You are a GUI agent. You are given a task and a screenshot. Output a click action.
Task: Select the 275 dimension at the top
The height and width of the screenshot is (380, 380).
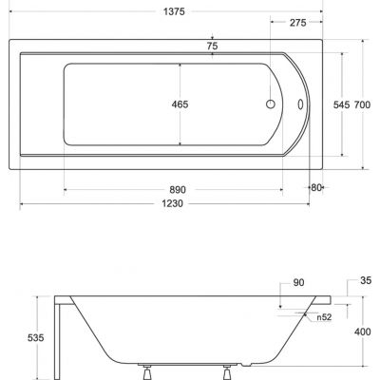(x=298, y=21)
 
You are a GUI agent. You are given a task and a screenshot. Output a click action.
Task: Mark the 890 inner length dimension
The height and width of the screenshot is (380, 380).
(x=173, y=190)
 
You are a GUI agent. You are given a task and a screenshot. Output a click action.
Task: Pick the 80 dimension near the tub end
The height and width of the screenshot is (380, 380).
(x=317, y=187)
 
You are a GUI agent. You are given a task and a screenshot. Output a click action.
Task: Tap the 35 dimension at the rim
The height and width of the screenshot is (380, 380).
(x=366, y=281)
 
